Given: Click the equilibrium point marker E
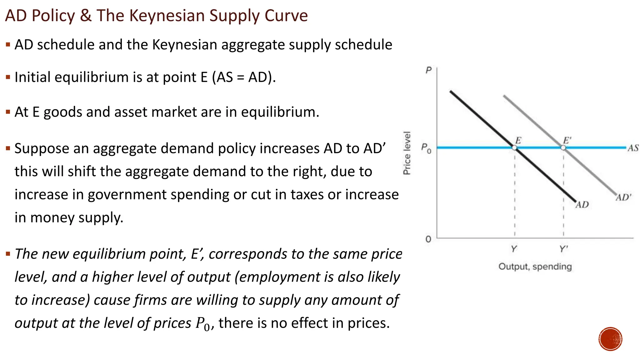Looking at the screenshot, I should pos(514,147).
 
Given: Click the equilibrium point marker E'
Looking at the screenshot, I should pos(563,147).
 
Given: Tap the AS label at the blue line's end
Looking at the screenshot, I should pos(633,148).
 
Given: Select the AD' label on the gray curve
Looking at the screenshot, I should pos(623,197).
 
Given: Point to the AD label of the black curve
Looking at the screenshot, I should pos(582,205).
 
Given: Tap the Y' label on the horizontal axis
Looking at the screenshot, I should pos(564,249).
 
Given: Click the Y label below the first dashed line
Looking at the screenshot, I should pos(514,249).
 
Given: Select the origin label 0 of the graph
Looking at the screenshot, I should pos(428,239).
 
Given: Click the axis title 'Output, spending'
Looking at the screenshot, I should pos(535,267).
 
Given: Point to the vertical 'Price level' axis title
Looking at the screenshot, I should pos(407,153).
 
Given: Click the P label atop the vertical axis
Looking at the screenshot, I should pos(428,70).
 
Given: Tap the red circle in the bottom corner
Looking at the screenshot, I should pos(610,339).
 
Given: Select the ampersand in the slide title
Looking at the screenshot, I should pos(86,16).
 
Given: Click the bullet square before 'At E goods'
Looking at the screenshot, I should pos(8,112).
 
